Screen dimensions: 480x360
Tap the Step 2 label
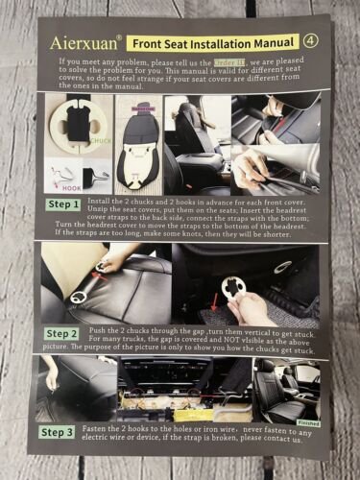pos(64,332)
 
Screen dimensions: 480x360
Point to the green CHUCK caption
pos(100,140)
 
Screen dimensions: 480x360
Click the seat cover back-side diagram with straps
pos(138,144)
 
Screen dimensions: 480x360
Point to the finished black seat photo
pos(289,389)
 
